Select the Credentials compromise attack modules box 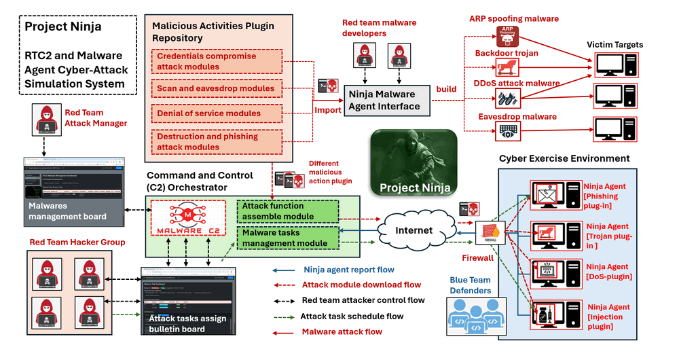(215, 61)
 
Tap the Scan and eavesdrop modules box (215, 88)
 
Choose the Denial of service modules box (215, 113)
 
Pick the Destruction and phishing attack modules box (215, 141)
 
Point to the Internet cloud (414, 230)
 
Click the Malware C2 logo (187, 219)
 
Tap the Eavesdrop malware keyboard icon (507, 129)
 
